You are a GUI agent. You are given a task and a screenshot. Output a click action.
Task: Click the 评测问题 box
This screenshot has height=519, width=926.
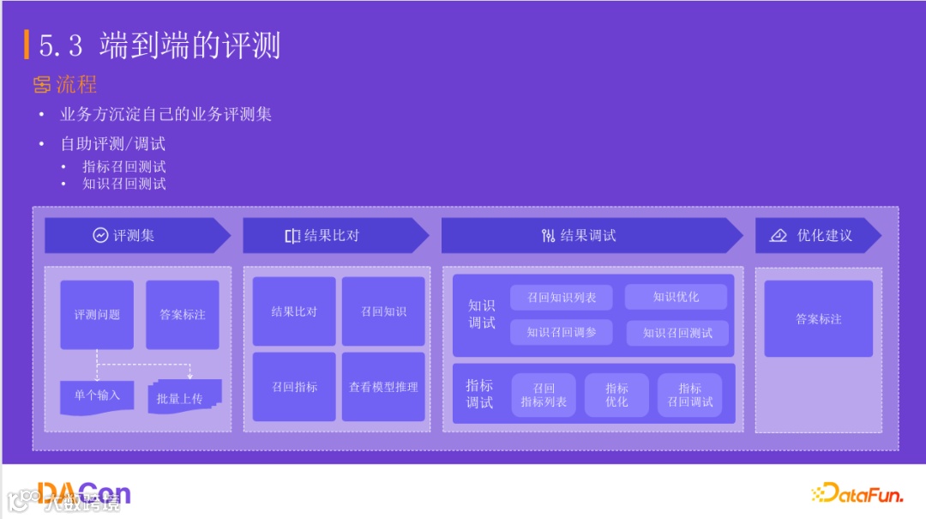pos(97,315)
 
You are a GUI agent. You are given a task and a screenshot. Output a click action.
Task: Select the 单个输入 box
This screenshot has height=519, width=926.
pos(97,395)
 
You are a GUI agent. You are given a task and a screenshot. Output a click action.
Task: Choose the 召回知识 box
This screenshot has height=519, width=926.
pos(383,311)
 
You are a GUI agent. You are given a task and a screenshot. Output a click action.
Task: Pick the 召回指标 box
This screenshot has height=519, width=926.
pos(294,387)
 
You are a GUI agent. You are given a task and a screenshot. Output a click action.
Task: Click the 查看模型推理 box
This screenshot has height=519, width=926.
pos(383,387)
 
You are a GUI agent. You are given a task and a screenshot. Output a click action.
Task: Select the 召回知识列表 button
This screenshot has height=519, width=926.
pos(561,298)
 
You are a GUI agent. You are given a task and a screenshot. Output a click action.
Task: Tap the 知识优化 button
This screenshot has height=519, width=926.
pos(676,297)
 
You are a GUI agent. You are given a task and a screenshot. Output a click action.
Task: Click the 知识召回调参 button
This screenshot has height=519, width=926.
pos(561,332)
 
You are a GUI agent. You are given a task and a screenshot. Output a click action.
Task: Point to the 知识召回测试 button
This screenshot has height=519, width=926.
pos(677,333)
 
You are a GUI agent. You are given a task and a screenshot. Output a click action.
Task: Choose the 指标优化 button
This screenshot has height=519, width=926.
pos(616,395)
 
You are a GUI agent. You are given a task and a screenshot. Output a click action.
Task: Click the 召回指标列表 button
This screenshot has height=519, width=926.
pos(544,395)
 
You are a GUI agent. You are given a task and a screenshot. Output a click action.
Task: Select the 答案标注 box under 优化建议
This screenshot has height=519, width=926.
pos(818,319)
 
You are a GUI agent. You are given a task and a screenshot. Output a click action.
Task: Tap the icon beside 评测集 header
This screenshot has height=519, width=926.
pos(101,235)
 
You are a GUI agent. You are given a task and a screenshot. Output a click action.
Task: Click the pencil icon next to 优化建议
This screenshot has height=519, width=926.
pos(779,235)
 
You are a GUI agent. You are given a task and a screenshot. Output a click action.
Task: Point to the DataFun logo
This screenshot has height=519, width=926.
pos(858,492)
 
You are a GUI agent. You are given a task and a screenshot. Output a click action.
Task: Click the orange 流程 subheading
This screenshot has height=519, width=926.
pos(75,84)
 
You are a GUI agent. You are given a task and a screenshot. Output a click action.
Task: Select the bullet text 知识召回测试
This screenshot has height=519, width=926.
pos(123,184)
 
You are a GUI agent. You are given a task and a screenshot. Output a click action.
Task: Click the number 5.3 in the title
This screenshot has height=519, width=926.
pos(62,45)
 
